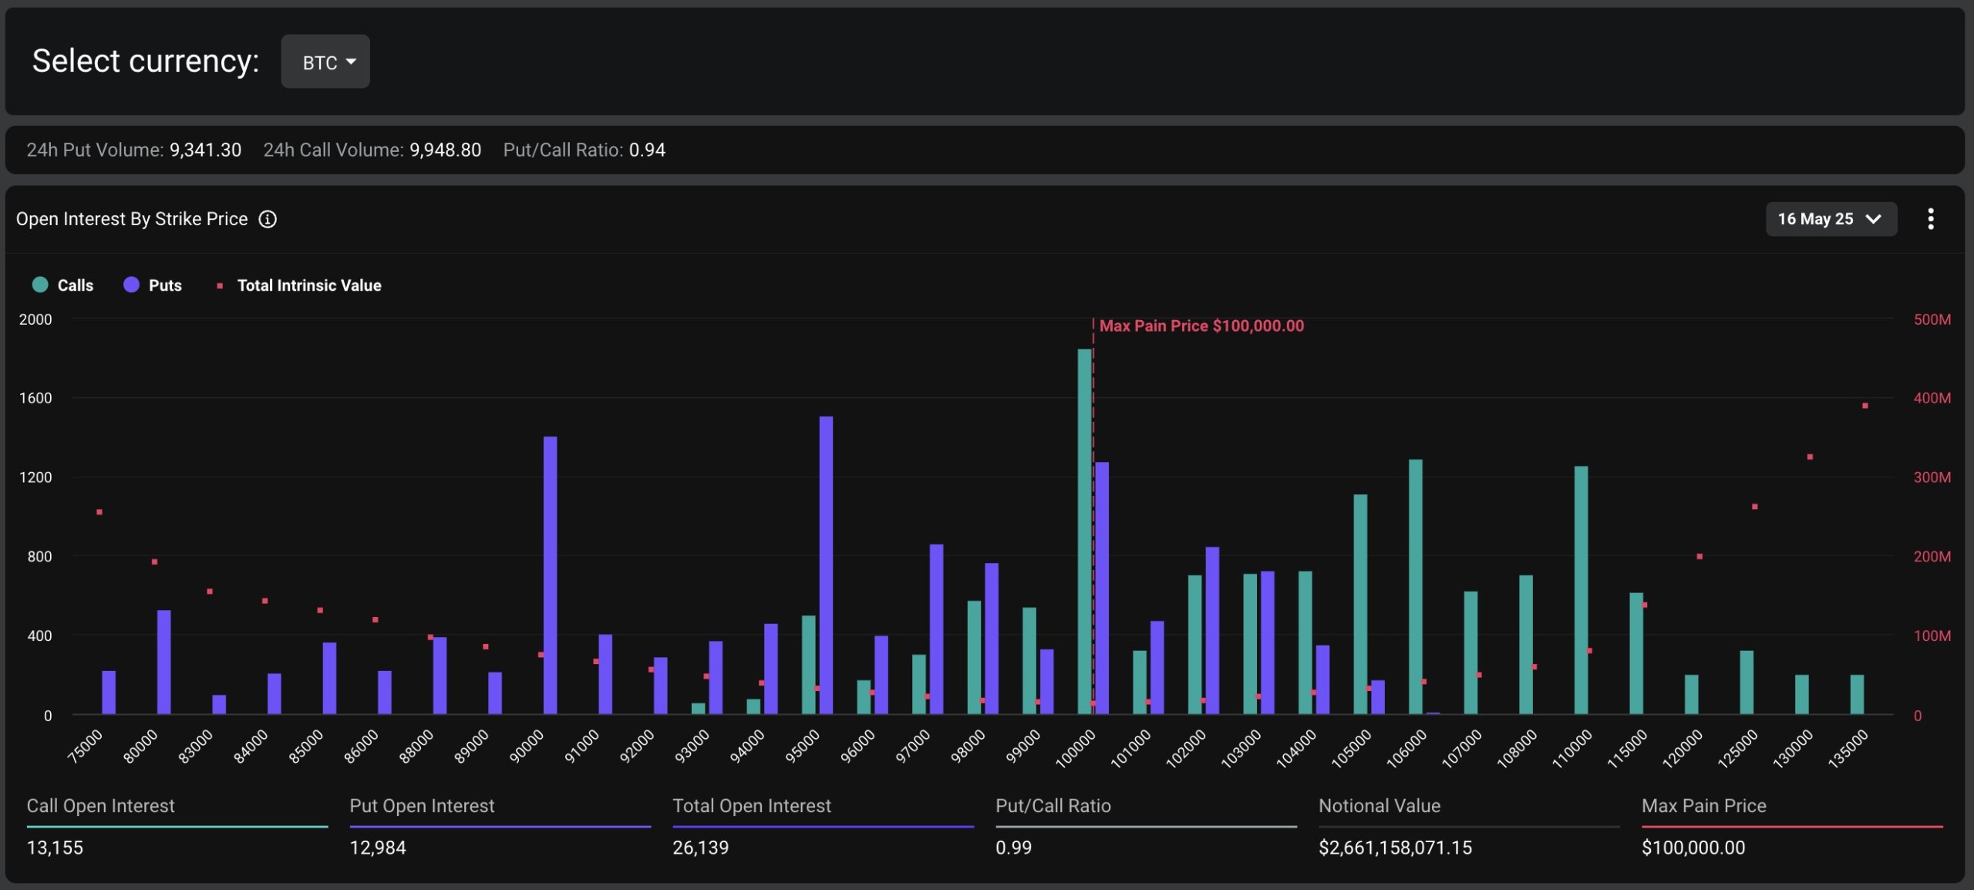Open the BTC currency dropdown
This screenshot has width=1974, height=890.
coord(325,62)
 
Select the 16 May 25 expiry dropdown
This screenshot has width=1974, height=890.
coord(1830,219)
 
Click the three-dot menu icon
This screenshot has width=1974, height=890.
coord(1930,219)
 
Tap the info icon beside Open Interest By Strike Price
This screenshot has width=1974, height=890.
coord(268,219)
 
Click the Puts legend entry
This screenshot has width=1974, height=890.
coord(153,285)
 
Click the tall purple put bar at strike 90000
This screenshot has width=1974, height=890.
coord(550,575)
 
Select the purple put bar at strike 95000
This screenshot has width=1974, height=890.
coord(826,565)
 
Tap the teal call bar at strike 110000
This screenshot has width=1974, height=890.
coord(1581,590)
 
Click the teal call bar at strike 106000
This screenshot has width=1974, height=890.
coord(1415,586)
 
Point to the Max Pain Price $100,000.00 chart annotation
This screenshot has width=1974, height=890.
coord(1201,325)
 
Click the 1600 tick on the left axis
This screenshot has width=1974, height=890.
coord(35,398)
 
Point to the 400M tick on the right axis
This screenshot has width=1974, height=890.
coord(1932,398)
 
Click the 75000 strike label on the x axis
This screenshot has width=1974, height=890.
coord(85,747)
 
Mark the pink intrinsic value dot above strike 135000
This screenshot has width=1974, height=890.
coord(1865,406)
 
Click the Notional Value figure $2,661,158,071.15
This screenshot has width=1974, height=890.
coord(1394,848)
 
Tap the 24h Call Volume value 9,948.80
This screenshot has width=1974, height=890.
coord(445,150)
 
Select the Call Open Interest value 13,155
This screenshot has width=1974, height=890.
coord(55,848)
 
